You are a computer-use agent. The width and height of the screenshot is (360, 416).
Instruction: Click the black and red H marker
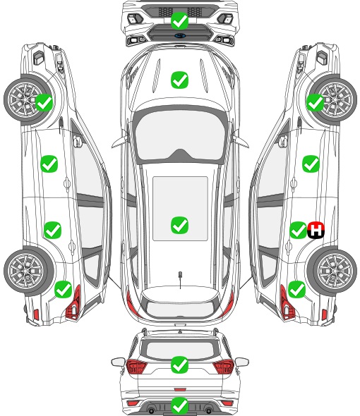316,230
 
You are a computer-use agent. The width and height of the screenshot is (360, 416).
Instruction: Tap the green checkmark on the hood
179,80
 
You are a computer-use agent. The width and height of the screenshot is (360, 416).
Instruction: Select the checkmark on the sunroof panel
179,225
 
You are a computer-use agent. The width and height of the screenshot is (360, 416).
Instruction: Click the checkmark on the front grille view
179,20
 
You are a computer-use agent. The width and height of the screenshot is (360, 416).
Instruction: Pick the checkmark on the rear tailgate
179,365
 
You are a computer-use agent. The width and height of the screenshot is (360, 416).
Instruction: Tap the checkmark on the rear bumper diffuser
179,405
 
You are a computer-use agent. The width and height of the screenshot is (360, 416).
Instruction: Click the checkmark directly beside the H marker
298,230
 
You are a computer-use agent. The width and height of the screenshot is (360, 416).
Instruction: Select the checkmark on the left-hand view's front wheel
44,103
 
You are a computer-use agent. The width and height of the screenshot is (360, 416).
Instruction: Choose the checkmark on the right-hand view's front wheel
315,103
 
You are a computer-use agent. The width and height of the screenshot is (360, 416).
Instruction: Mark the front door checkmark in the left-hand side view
49,164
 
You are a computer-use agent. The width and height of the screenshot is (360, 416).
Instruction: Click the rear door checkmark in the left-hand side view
53,230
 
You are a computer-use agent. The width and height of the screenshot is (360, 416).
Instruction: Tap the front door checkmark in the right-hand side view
311,164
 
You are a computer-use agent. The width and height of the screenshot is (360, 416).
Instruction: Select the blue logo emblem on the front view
180,35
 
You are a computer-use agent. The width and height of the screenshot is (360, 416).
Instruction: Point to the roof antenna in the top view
180,279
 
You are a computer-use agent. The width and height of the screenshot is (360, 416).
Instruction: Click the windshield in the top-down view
180,135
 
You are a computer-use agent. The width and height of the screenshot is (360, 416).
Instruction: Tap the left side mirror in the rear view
119,362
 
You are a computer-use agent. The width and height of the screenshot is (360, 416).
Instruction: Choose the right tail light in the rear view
223,367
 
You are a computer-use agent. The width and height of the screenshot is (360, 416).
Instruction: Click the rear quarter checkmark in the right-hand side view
296,290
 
